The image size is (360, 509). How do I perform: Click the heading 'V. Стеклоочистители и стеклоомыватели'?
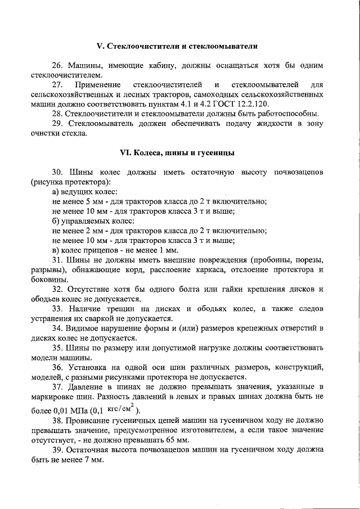[x=180, y=44]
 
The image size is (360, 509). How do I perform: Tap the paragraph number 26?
[x=57, y=65]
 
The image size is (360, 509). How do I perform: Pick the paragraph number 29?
[x=57, y=124]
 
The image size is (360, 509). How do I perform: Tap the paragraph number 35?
[x=57, y=348]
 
